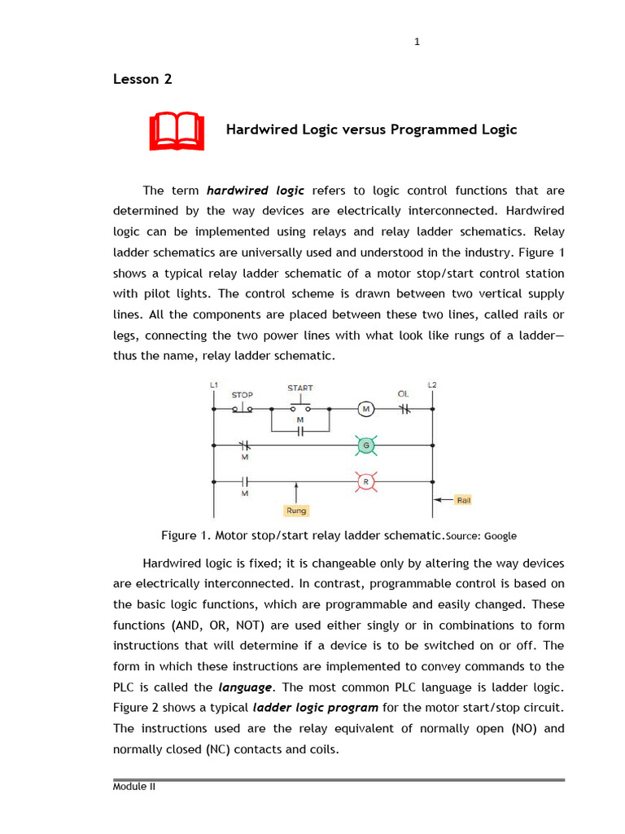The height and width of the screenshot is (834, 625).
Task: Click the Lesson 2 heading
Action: pyautogui.click(x=142, y=79)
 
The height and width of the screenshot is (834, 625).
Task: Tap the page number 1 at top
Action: pyautogui.click(x=417, y=42)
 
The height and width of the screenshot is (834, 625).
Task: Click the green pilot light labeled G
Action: pyautogui.click(x=365, y=445)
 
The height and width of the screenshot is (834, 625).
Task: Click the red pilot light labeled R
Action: pyautogui.click(x=365, y=482)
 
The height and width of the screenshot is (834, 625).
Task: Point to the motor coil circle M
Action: pyautogui.click(x=365, y=408)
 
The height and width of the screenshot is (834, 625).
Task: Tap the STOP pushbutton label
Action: pyautogui.click(x=242, y=395)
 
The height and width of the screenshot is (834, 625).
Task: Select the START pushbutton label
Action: pyautogui.click(x=299, y=388)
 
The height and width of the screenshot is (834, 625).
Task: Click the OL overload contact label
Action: pyautogui.click(x=403, y=394)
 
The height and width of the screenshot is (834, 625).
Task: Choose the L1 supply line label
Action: pyautogui.click(x=213, y=384)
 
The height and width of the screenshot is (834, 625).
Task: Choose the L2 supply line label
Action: pyautogui.click(x=431, y=384)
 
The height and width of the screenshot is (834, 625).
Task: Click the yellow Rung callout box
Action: pyautogui.click(x=295, y=511)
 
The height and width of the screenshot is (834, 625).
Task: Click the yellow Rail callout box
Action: pyautogui.click(x=463, y=500)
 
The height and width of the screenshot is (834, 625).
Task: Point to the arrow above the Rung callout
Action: pyautogui.click(x=295, y=492)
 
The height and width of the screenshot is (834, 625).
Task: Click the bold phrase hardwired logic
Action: pyautogui.click(x=256, y=191)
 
